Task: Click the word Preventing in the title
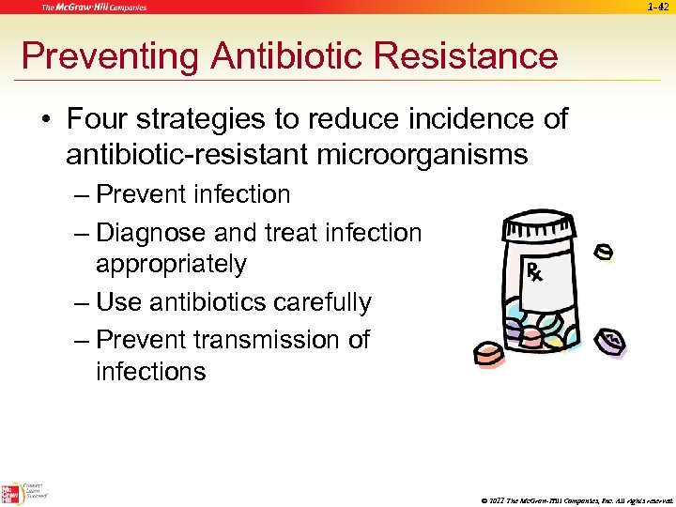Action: tap(110, 56)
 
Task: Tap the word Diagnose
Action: tap(153, 231)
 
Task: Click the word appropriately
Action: tap(171, 264)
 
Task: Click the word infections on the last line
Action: tap(150, 371)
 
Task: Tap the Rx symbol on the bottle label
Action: tap(532, 273)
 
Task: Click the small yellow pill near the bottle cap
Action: tap(604, 253)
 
